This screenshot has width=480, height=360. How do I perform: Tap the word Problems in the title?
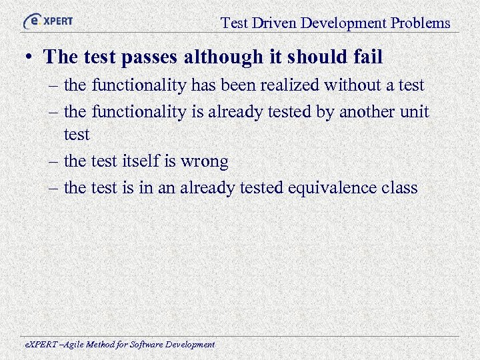pyautogui.click(x=421, y=23)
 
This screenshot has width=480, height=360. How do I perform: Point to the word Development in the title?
pyautogui.click(x=343, y=23)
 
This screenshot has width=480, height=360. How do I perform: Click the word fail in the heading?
pyautogui.click(x=369, y=57)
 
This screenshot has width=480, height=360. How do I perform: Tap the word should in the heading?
pyautogui.click(x=320, y=57)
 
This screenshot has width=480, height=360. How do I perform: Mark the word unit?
pyautogui.click(x=415, y=111)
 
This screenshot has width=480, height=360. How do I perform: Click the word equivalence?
pyautogui.click(x=331, y=188)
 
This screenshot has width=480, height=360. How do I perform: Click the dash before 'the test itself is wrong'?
pyautogui.click(x=55, y=162)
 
